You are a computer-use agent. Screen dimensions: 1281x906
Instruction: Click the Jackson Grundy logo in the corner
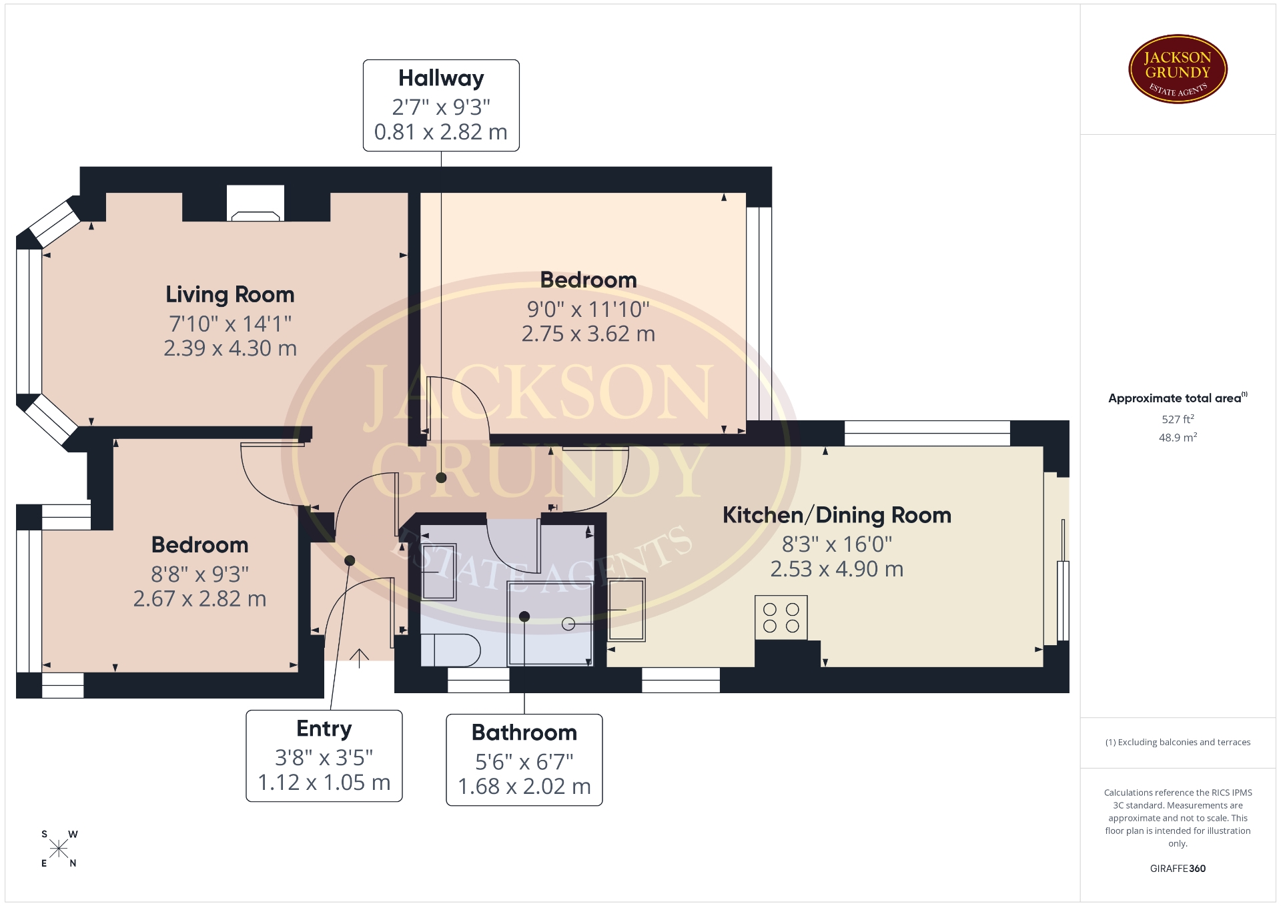[x=1178, y=69]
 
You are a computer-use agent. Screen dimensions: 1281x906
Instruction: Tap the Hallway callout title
[x=441, y=79]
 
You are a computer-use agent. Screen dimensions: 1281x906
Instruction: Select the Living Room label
[x=230, y=294]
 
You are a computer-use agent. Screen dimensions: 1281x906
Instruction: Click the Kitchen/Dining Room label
[x=837, y=515]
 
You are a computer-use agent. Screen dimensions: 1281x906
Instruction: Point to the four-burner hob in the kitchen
[x=781, y=618]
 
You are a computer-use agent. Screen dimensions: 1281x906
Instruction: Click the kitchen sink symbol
[x=626, y=610]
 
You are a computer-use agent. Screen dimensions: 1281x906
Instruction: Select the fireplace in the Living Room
[x=256, y=203]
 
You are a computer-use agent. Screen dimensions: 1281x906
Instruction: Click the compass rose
[x=59, y=849]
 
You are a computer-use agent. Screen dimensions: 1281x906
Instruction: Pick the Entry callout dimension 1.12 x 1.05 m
[x=324, y=783]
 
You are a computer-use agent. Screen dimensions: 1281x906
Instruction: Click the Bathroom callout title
[x=524, y=733]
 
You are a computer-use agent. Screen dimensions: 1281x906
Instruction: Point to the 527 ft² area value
[x=1178, y=419]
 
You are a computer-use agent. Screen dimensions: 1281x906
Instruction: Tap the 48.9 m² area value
[x=1178, y=438]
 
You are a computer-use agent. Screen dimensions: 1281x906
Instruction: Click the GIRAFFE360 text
[x=1178, y=869]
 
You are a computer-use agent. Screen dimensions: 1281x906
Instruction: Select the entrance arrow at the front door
[x=359, y=658]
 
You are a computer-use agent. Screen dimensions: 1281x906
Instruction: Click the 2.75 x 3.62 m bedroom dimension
[x=588, y=334]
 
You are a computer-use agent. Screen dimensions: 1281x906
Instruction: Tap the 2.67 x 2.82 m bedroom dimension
[x=200, y=598]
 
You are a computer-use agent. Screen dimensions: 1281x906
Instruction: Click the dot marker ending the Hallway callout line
[x=441, y=478]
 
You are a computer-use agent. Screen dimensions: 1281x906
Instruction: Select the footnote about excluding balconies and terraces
[x=1178, y=742]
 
